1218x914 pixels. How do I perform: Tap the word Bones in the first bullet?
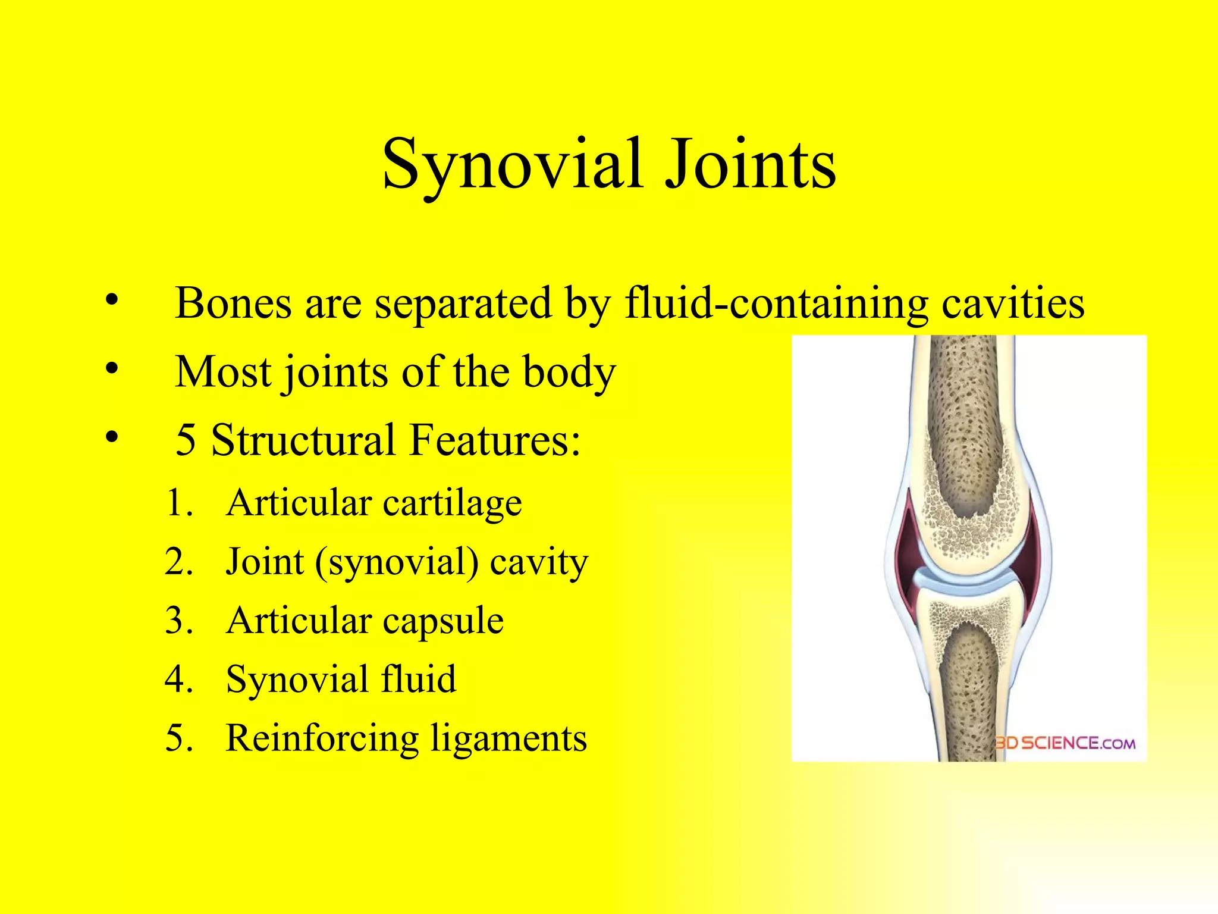(x=233, y=303)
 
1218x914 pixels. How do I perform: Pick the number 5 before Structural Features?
(x=186, y=440)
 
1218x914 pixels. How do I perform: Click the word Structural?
(x=303, y=440)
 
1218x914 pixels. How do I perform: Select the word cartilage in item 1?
(x=452, y=503)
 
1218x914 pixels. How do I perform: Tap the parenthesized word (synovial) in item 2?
(x=397, y=562)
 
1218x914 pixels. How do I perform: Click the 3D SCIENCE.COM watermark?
(x=1065, y=743)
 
